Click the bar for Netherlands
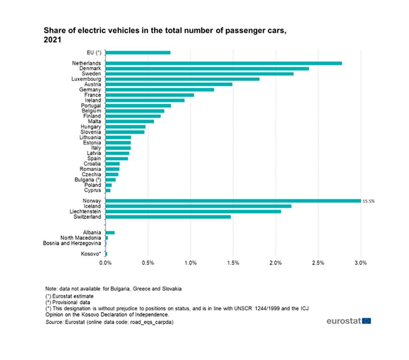[x=224, y=63]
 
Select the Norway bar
[x=233, y=201]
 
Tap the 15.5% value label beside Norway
[x=368, y=201]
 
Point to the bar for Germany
[x=160, y=90]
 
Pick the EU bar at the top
[x=138, y=52]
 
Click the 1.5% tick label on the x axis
[x=233, y=263]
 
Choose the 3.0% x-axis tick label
[x=361, y=263]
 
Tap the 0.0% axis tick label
[x=106, y=263]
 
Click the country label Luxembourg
[x=86, y=79]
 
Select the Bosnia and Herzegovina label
[x=72, y=243]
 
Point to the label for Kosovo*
[x=91, y=254]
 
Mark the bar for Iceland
[x=198, y=206]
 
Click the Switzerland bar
[x=168, y=217]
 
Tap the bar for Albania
[x=110, y=232]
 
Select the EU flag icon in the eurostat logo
[x=366, y=321]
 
